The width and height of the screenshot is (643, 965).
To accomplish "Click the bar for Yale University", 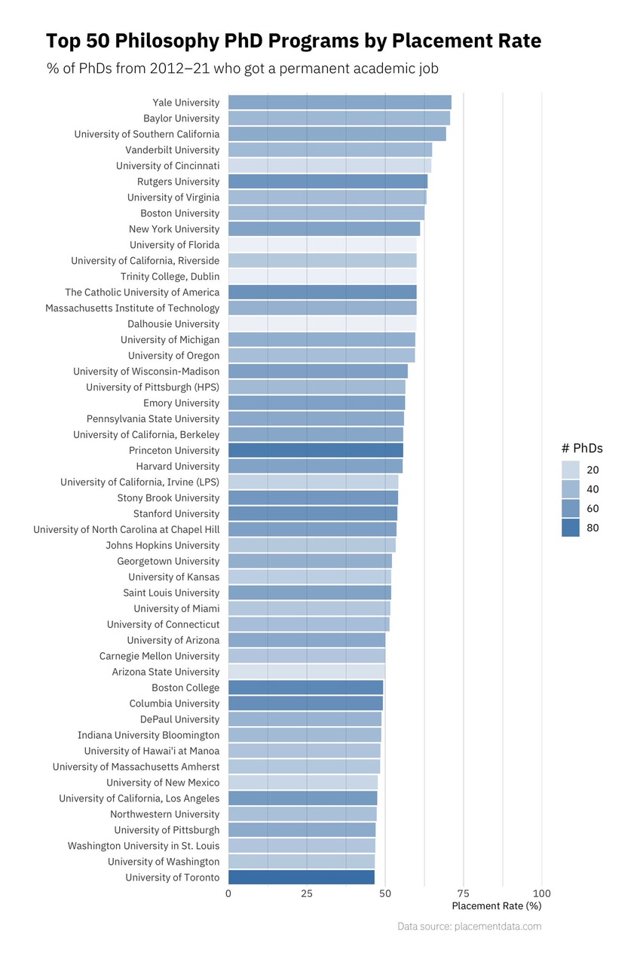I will pyautogui.click(x=339, y=103).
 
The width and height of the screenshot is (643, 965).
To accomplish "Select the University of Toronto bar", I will pyautogui.click(x=302, y=878).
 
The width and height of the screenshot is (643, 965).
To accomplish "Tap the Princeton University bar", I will pyautogui.click(x=315, y=450).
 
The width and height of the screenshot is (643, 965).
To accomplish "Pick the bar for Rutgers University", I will pyautogui.click(x=328, y=182).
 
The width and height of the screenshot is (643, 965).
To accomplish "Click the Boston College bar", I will pyautogui.click(x=305, y=688).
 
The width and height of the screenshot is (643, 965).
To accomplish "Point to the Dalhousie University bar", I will pyautogui.click(x=322, y=324).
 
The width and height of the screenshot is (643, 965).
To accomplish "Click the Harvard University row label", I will pyautogui.click(x=177, y=467).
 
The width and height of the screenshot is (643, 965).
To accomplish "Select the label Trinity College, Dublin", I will pyautogui.click(x=170, y=277).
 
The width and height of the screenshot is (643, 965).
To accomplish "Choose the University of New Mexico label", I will pyautogui.click(x=163, y=783).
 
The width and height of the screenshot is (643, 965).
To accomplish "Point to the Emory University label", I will pyautogui.click(x=181, y=403).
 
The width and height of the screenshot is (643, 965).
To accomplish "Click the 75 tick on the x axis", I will pyautogui.click(x=463, y=893).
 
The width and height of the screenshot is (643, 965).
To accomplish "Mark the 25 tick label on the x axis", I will pyautogui.click(x=307, y=893).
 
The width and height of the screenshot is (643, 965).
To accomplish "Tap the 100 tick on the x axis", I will pyautogui.click(x=541, y=893).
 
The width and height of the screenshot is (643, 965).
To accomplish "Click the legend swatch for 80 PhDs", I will pyautogui.click(x=571, y=528).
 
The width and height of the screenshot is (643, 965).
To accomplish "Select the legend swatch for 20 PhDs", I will pyautogui.click(x=571, y=470).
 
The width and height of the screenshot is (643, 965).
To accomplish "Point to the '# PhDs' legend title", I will pyautogui.click(x=582, y=449).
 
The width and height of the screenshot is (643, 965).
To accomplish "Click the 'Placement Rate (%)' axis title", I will pyautogui.click(x=496, y=906).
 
